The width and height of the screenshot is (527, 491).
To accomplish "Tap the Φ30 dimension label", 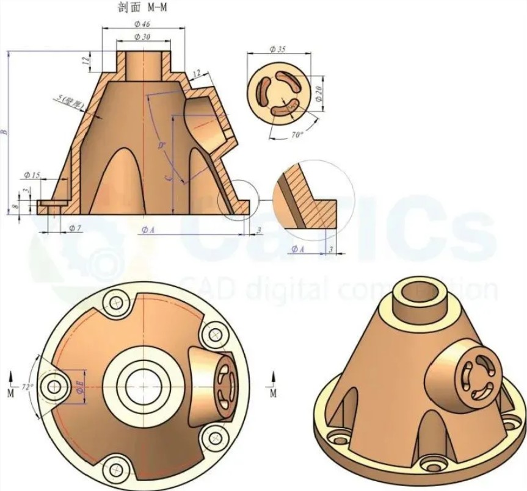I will (142, 37).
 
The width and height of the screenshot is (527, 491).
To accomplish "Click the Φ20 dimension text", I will (318, 93).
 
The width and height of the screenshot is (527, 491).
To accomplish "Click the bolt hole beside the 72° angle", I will (56, 386).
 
